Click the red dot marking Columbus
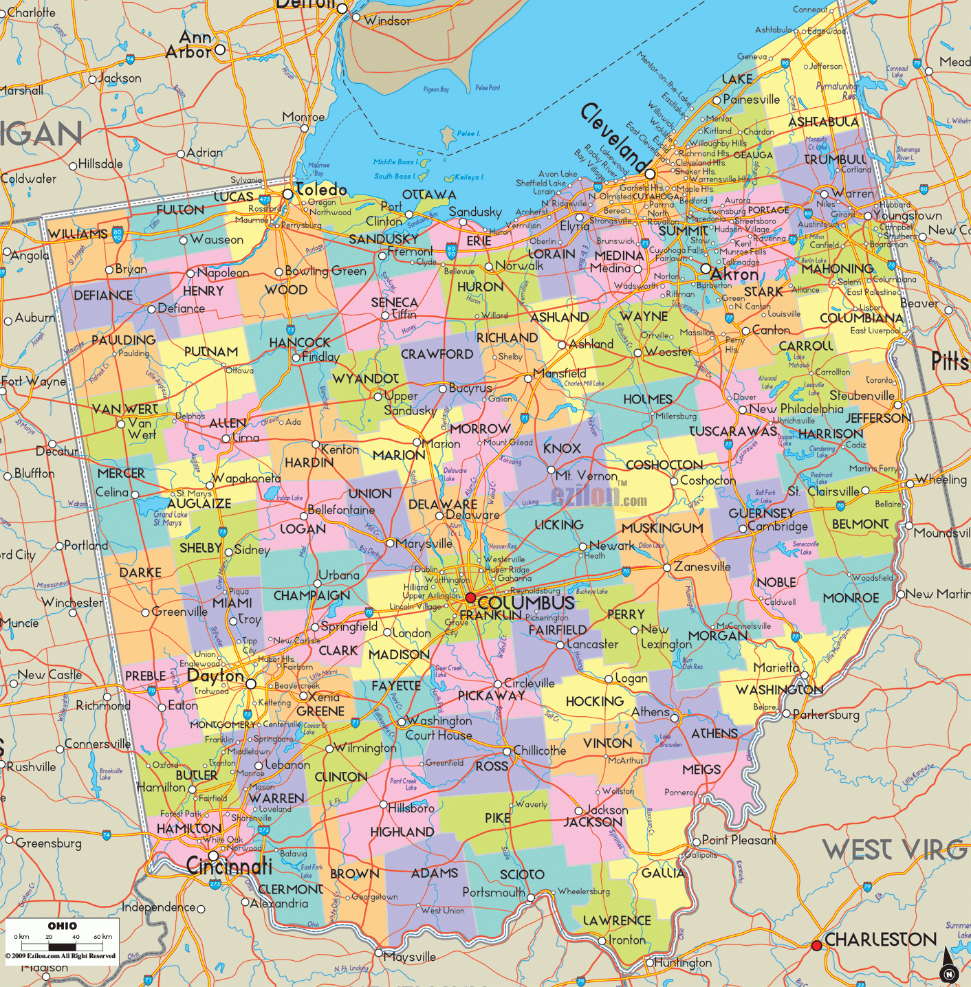[470, 597]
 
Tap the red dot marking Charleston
[816, 946]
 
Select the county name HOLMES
[647, 399]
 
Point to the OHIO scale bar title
[62, 926]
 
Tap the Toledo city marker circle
[288, 195]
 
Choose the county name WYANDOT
[365, 379]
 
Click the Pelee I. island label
[468, 133]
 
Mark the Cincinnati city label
[230, 867]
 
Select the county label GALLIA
[663, 873]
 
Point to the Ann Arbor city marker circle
[220, 49]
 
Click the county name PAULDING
[124, 340]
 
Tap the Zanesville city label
[702, 567]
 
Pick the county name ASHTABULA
[823, 122]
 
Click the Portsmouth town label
[493, 892]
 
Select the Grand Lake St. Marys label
[168, 518]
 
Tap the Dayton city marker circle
[251, 684]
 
